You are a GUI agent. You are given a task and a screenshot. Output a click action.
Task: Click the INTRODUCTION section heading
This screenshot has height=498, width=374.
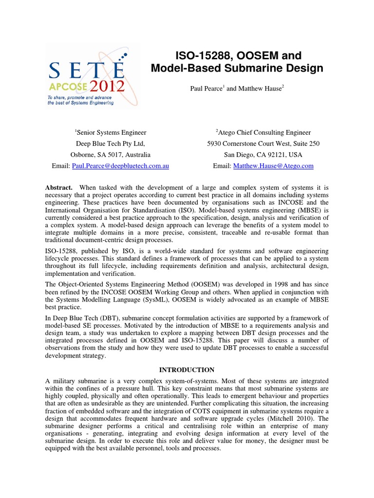click(187, 370)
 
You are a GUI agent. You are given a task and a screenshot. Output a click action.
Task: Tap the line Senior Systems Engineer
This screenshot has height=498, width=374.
click(111, 132)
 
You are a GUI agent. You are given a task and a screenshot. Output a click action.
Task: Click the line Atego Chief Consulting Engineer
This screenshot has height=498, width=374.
click(263, 132)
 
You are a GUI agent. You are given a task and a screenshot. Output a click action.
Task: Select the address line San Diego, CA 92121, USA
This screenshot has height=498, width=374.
click(263, 155)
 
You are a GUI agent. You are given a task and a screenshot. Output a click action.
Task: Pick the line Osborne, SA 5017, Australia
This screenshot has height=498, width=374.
click(111, 155)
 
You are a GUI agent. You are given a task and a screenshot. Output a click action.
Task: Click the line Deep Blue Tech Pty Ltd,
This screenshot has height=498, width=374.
click(111, 143)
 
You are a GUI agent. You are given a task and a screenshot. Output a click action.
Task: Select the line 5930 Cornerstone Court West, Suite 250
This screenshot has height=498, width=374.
click(263, 143)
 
